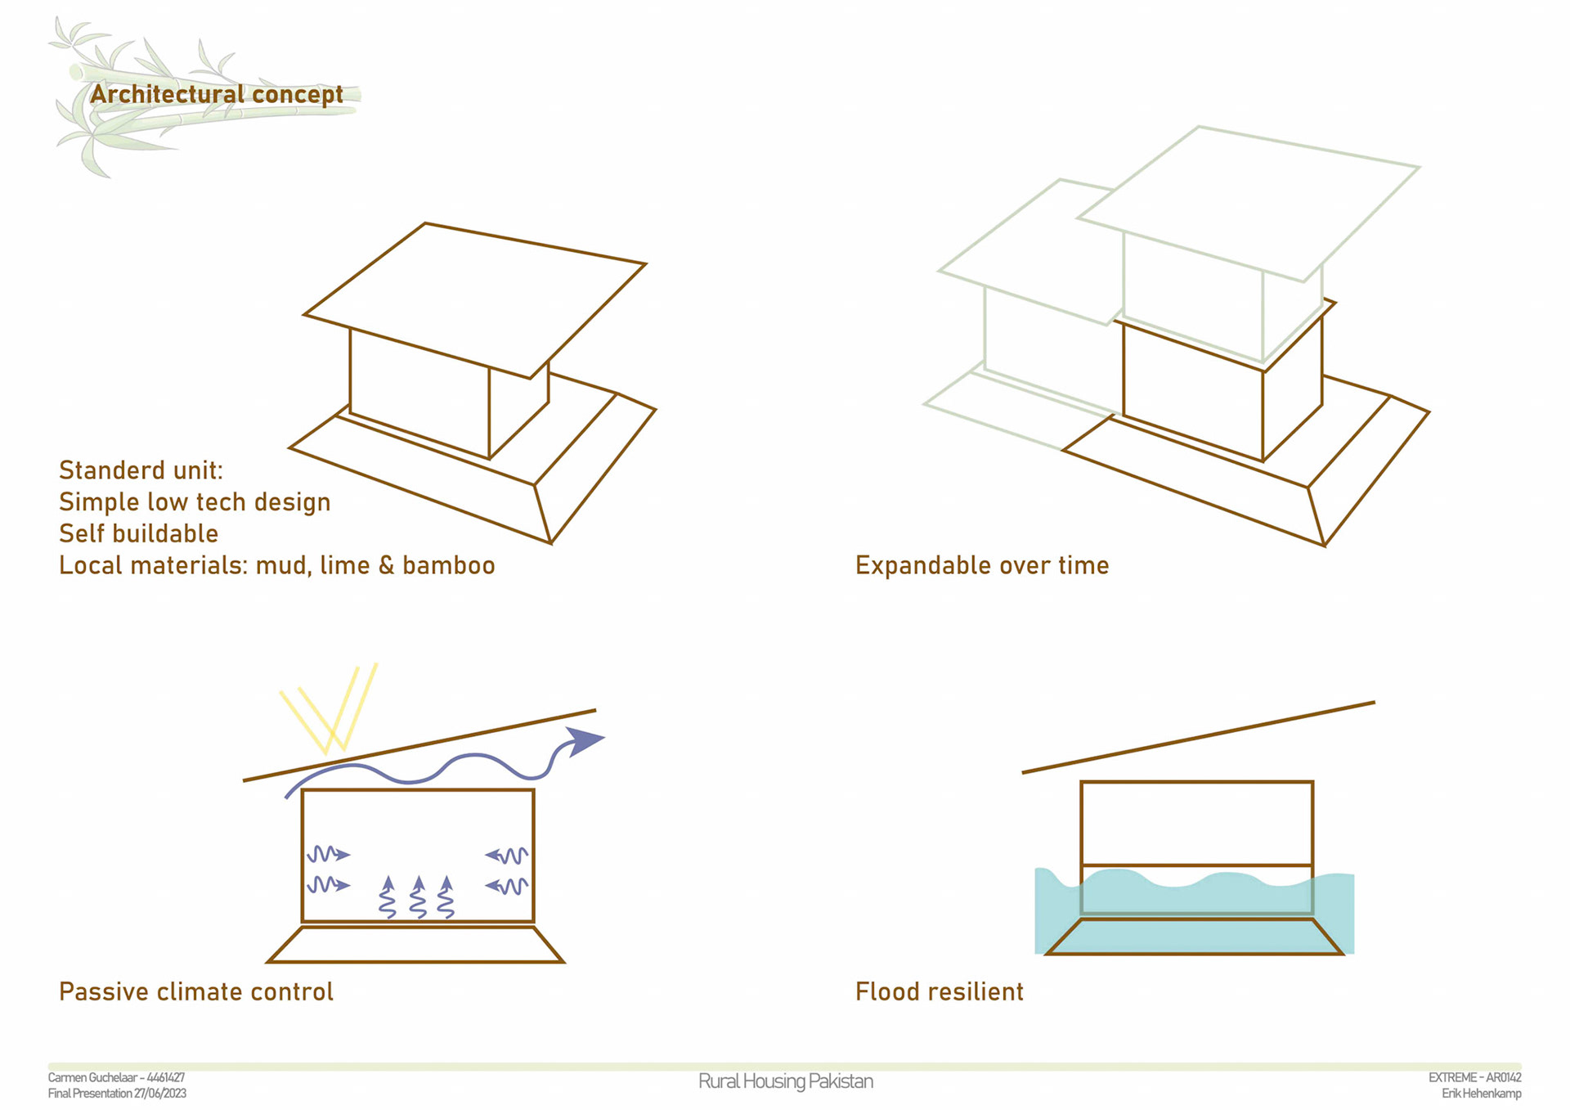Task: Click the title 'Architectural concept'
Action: [x=216, y=95]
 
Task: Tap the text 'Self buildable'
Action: [x=138, y=533]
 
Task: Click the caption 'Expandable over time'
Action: [x=981, y=565]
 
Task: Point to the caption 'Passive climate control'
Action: [x=195, y=991]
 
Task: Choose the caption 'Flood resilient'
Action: [x=939, y=991]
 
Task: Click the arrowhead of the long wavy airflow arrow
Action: [x=585, y=740]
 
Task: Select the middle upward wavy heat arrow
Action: [x=418, y=897]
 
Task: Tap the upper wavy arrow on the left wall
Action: [x=328, y=855]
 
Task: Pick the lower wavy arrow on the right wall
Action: [x=507, y=886]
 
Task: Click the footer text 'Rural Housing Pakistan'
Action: [x=785, y=1081]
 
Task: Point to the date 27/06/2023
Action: [x=160, y=1094]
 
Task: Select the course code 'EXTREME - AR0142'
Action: [x=1474, y=1078]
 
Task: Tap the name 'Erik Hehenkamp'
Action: [x=1481, y=1094]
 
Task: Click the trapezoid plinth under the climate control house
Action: [x=415, y=945]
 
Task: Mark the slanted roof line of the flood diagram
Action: [x=1198, y=737]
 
